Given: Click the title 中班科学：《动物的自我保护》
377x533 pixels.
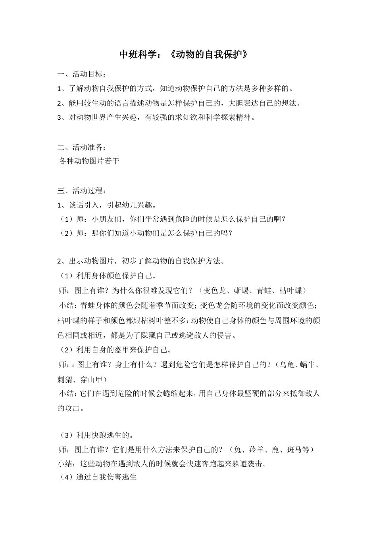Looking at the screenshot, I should tap(185, 55).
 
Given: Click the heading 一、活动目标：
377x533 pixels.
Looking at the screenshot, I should tap(82, 74).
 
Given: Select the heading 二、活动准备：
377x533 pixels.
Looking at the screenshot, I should tap(82, 148).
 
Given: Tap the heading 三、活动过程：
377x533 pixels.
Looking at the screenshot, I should tap(82, 191).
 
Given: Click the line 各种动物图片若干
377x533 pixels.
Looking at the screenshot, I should tap(89, 161).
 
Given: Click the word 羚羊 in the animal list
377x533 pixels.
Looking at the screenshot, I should tap(257, 450).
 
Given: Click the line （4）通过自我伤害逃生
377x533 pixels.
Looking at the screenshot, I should tap(98, 477).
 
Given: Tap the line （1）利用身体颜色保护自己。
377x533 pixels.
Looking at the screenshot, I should tap(107, 276).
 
